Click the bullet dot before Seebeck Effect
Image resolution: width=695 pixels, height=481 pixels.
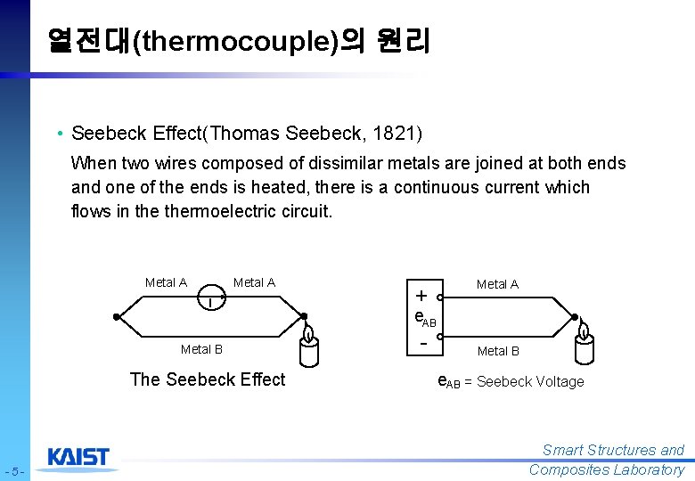[57, 134]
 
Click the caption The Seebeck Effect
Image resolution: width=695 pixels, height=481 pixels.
[207, 379]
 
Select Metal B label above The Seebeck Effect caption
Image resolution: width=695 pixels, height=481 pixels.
[201, 349]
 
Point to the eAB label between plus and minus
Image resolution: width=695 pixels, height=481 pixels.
[425, 318]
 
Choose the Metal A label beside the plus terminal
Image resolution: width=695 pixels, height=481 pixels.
[497, 284]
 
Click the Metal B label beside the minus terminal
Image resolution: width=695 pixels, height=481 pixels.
[498, 351]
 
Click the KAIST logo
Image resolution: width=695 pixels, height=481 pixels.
[78, 457]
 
